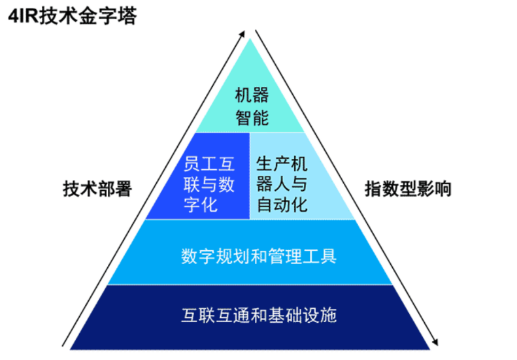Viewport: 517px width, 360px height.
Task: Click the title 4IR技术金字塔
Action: (72, 16)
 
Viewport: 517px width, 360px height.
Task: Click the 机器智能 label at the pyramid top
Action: (252, 107)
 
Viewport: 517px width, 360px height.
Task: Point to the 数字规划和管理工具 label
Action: (259, 255)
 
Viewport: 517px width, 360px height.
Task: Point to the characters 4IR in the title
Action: (23, 16)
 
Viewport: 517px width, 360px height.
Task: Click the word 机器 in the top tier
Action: (252, 95)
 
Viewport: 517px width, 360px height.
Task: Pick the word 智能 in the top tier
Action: (252, 119)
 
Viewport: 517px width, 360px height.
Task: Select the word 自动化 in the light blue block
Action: (282, 205)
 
